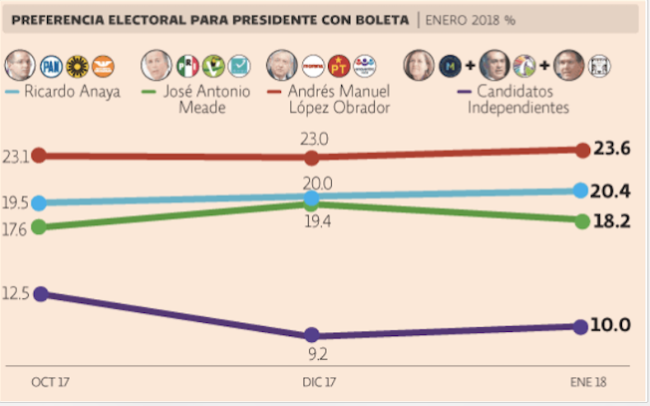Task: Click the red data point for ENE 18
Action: pyautogui.click(x=580, y=150)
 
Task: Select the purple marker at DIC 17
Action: pyautogui.click(x=311, y=334)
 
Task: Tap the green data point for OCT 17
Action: pyautogui.click(x=39, y=226)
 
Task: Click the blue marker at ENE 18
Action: pyautogui.click(x=580, y=190)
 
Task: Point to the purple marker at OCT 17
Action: pyautogui.click(x=39, y=294)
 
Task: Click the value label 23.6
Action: pyautogui.click(x=611, y=149)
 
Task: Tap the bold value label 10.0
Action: pyautogui.click(x=611, y=325)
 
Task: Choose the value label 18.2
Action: pyautogui.click(x=611, y=221)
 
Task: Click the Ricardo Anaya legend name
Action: pyautogui.click(x=72, y=91)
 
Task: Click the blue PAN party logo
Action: pyautogui.click(x=51, y=66)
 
